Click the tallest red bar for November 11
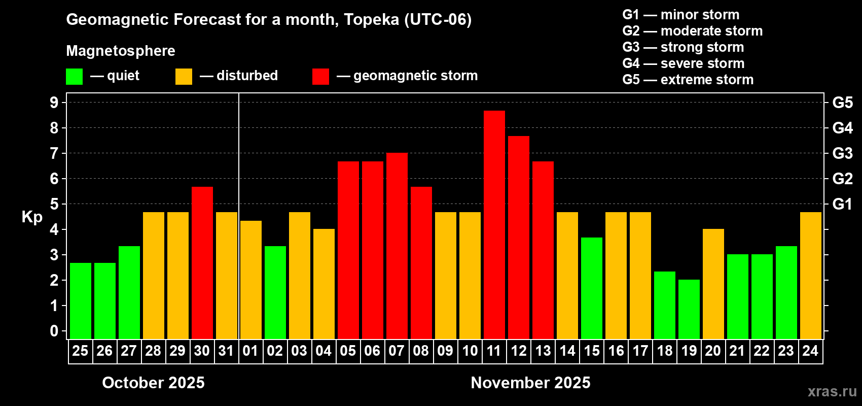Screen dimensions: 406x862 pyautogui.click(x=494, y=224)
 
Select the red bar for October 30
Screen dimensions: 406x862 pyautogui.click(x=202, y=262)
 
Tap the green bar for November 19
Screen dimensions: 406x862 pyautogui.click(x=689, y=309)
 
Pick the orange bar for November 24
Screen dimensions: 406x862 pyautogui.click(x=810, y=275)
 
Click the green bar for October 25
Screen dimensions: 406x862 pyautogui.click(x=80, y=300)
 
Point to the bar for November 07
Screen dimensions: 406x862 pyautogui.click(x=397, y=246)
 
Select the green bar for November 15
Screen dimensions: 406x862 pyautogui.click(x=591, y=288)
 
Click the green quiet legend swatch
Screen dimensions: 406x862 pyautogui.click(x=74, y=77)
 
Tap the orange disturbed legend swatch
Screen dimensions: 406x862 pyautogui.click(x=184, y=77)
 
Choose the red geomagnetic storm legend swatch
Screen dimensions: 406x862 pyautogui.click(x=320, y=77)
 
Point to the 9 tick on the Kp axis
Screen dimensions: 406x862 pyautogui.click(x=54, y=103)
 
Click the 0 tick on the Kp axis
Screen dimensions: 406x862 pyautogui.click(x=54, y=331)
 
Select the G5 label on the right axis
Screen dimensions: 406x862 pyautogui.click(x=842, y=103)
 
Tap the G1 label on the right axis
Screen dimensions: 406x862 pyautogui.click(x=842, y=204)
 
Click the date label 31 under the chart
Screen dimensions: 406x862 pyautogui.click(x=226, y=351)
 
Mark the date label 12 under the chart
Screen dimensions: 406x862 pyautogui.click(x=518, y=351)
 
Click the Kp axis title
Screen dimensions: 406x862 pyautogui.click(x=32, y=217)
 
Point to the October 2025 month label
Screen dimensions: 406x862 pyautogui.click(x=153, y=382)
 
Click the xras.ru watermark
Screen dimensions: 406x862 pyautogui.click(x=832, y=391)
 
